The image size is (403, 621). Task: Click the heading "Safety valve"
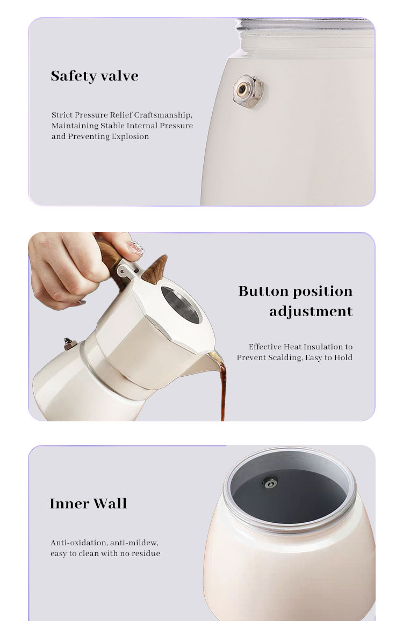click(95, 76)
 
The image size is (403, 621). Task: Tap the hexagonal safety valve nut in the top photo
click(248, 91)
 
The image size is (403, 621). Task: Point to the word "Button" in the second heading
click(263, 291)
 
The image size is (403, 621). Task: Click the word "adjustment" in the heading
click(311, 312)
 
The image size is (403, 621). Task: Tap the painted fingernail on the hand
click(135, 249)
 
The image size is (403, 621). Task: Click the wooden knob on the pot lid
click(155, 269)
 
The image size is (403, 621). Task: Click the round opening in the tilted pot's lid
click(182, 304)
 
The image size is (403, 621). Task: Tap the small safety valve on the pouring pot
click(70, 344)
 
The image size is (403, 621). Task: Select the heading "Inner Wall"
click(88, 504)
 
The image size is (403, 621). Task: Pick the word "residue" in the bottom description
click(146, 554)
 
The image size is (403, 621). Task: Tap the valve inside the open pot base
click(270, 483)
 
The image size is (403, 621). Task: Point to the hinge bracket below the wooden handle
click(126, 271)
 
